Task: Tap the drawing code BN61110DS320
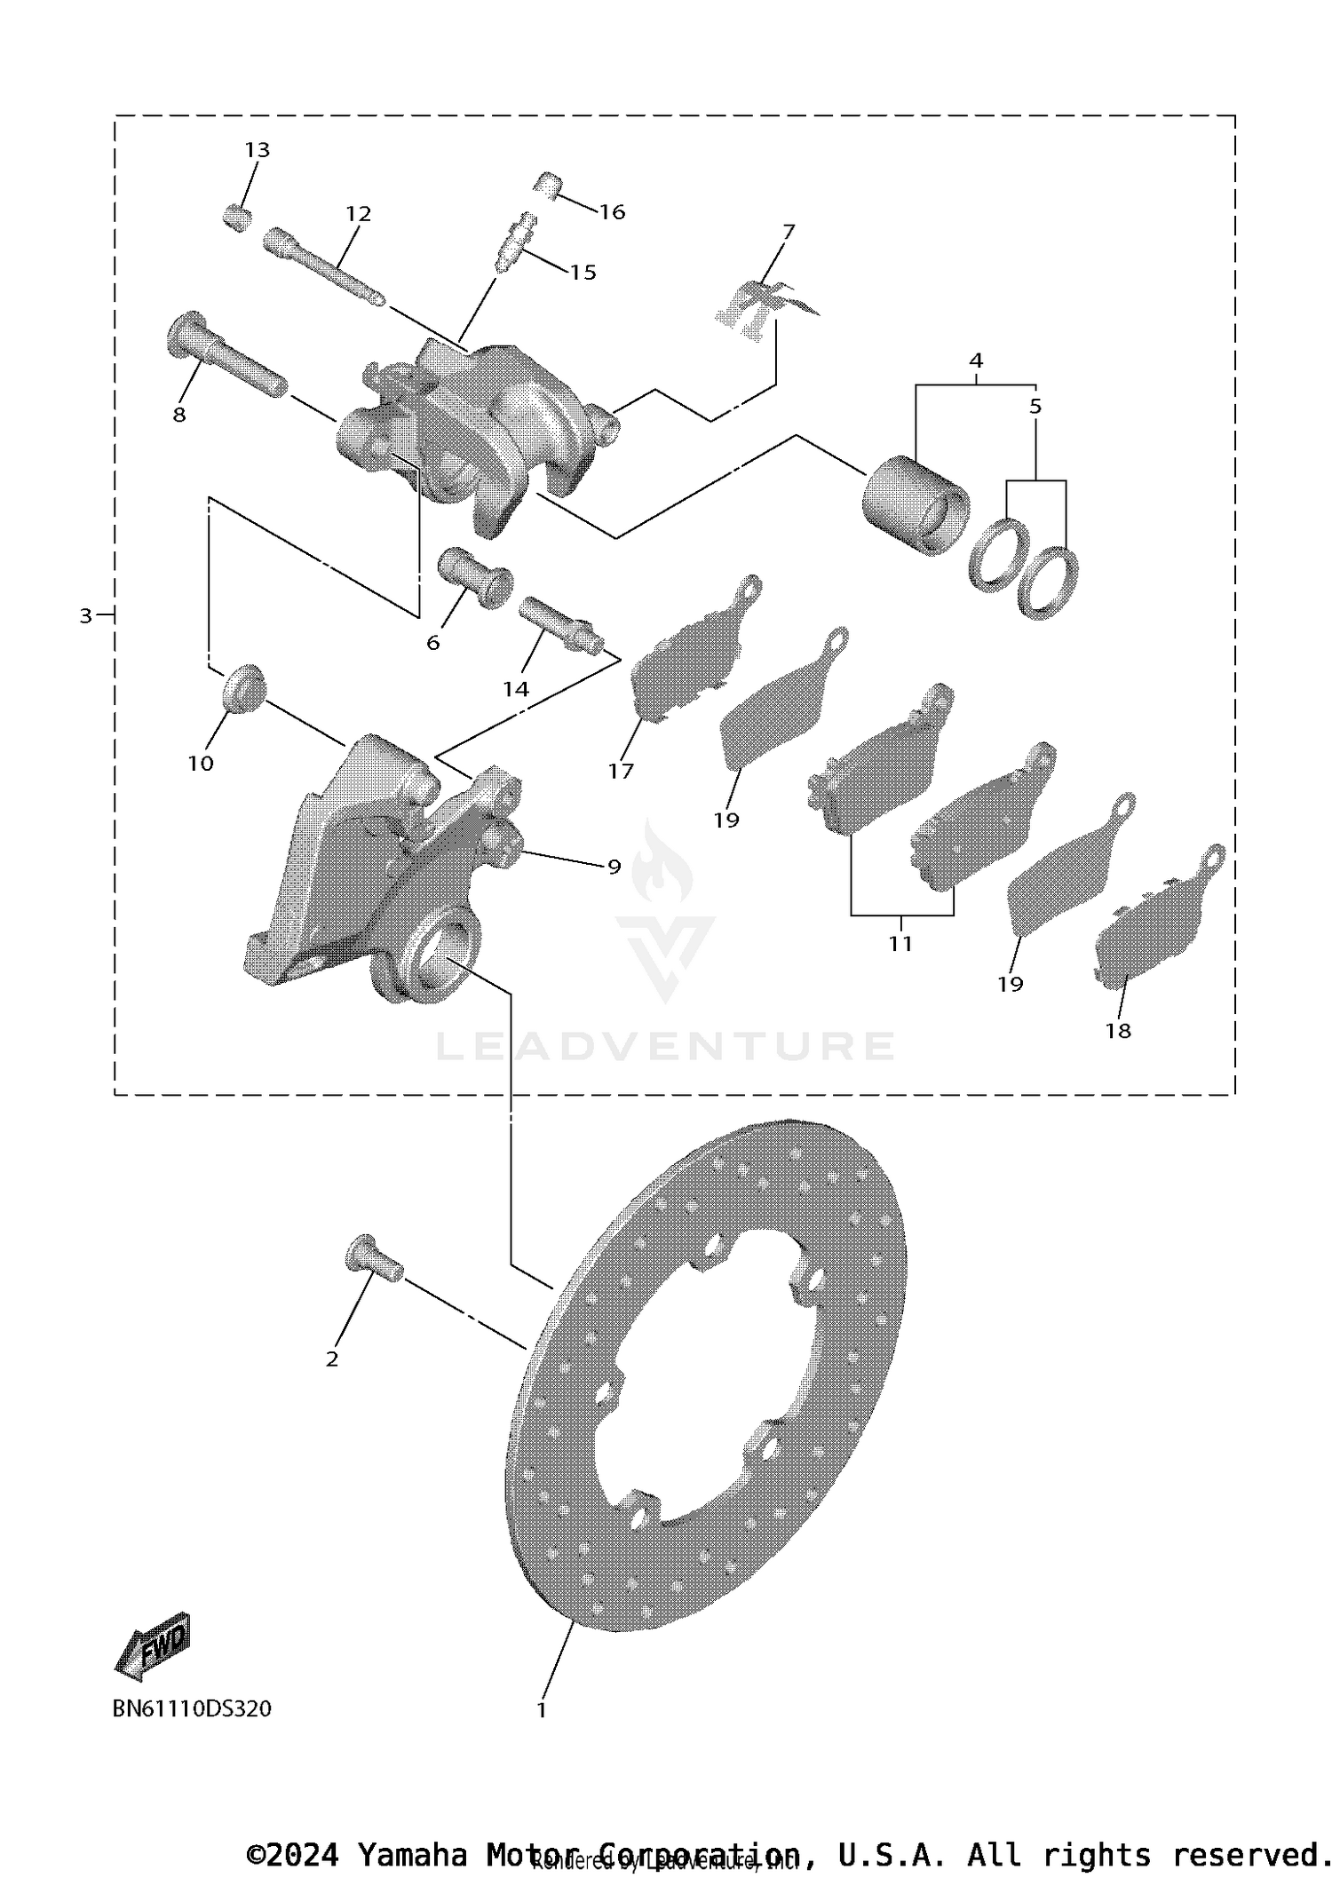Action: tap(192, 1708)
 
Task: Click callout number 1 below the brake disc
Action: tap(542, 1709)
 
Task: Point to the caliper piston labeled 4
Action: tap(915, 504)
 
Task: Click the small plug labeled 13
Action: tap(235, 217)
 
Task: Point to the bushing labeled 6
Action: tap(475, 577)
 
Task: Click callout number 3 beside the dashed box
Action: tap(85, 615)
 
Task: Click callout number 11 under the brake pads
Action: tap(900, 943)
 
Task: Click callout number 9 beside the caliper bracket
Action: tap(614, 866)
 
